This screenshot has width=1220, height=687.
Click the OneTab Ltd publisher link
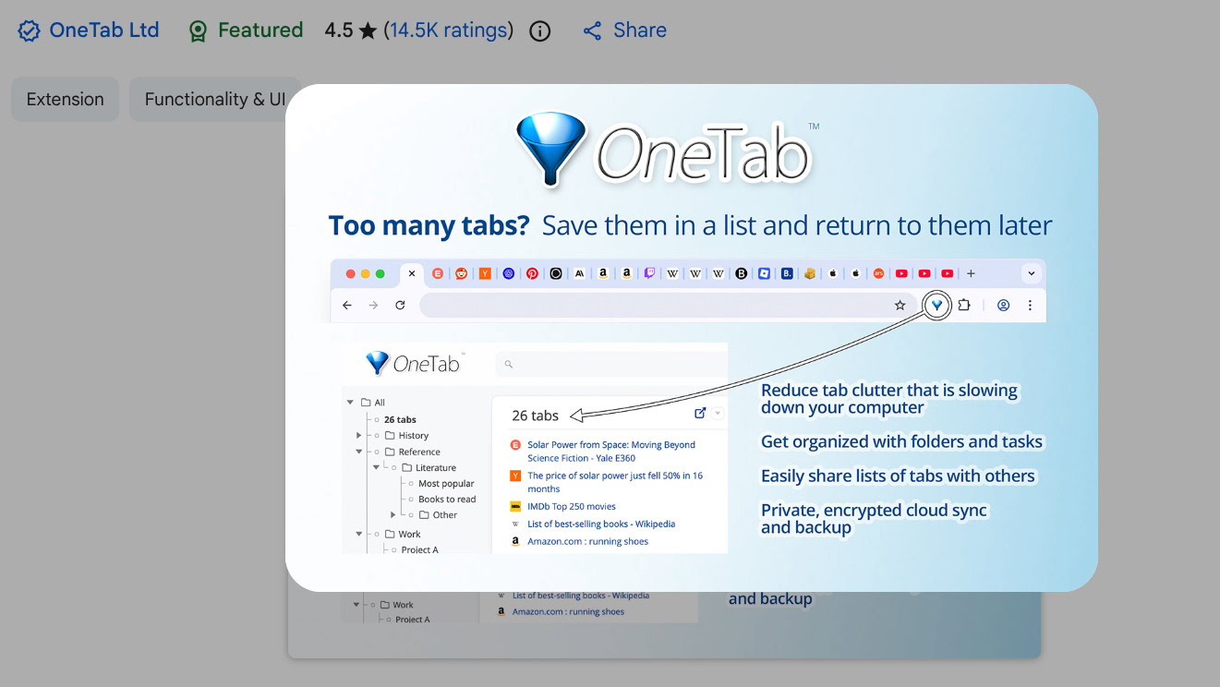tap(103, 30)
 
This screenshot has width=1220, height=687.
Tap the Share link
tap(638, 30)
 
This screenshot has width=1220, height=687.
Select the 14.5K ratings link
tap(448, 30)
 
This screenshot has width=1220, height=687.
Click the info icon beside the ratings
tap(540, 31)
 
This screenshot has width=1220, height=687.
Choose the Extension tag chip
tap(65, 100)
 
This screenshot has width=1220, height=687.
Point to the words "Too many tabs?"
tap(429, 226)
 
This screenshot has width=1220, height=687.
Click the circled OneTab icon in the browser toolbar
tap(937, 305)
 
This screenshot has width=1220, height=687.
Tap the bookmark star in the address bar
tap(900, 306)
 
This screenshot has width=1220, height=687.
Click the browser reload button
tap(400, 305)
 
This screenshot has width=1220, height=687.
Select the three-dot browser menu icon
tap(1030, 305)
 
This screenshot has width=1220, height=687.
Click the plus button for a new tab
tap(971, 273)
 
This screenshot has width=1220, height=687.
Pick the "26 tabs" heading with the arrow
tap(536, 416)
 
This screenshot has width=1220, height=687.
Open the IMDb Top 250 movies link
tap(571, 506)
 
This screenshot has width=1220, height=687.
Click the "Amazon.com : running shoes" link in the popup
tap(587, 541)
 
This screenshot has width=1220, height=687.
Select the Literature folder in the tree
tap(435, 467)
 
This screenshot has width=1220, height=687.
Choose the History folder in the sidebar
tap(413, 435)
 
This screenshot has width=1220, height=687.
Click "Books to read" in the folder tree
tap(447, 499)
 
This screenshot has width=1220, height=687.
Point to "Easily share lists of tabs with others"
tap(898, 476)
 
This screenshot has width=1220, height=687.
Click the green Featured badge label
tap(260, 30)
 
